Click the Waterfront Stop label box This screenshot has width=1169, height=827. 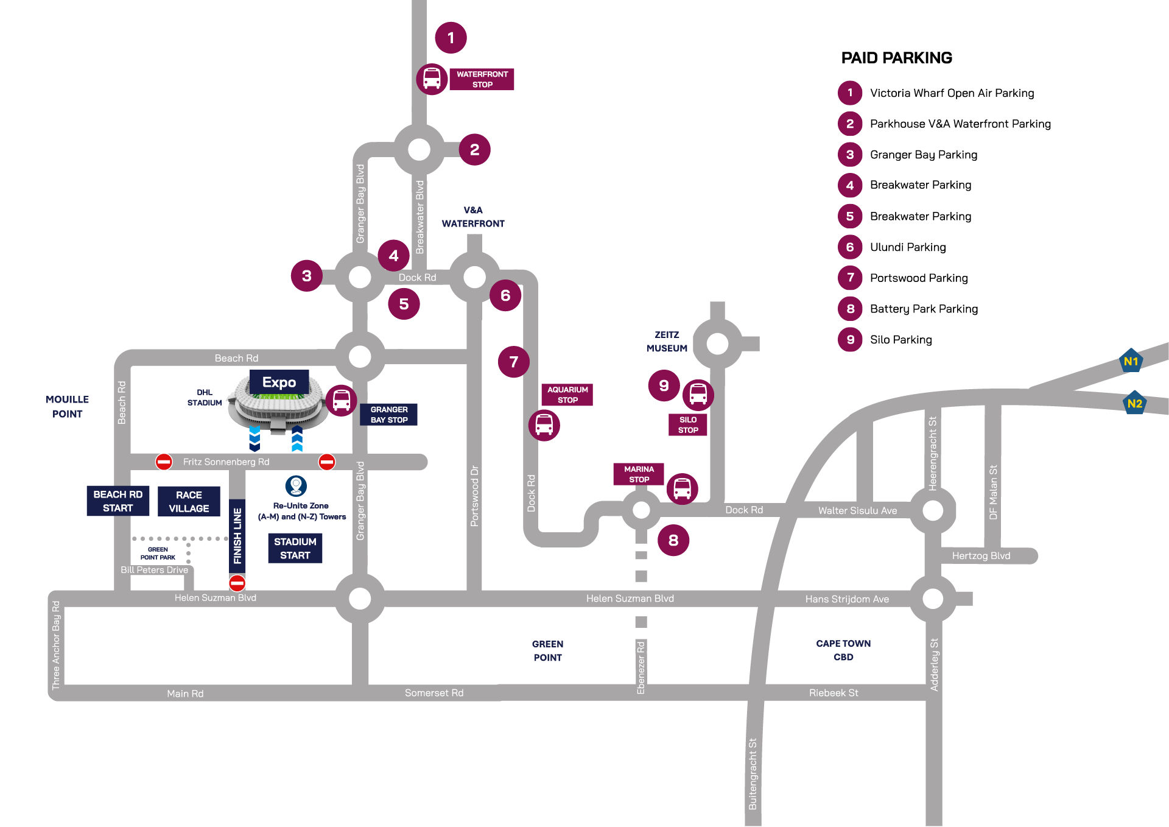482,79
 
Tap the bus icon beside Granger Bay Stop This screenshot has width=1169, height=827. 342,400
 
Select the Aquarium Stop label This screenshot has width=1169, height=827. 567,395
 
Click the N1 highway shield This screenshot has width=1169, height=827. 1131,361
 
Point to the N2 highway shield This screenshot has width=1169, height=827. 1134,403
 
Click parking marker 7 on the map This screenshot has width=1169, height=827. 514,362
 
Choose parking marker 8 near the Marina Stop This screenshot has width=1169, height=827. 673,540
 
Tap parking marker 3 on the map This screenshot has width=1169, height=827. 307,276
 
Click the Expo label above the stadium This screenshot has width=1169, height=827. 279,382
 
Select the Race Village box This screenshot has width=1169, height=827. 189,502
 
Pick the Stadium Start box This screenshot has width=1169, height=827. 295,548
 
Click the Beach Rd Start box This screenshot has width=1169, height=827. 118,501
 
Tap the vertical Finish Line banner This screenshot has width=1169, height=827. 237,536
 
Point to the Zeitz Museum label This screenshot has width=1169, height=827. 667,342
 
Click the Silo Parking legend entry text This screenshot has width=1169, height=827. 900,340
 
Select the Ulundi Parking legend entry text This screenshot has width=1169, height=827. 908,247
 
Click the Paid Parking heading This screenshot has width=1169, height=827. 896,58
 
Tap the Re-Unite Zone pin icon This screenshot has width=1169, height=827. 296,485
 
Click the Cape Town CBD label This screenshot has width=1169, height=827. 843,650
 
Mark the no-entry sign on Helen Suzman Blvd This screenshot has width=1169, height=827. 237,583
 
